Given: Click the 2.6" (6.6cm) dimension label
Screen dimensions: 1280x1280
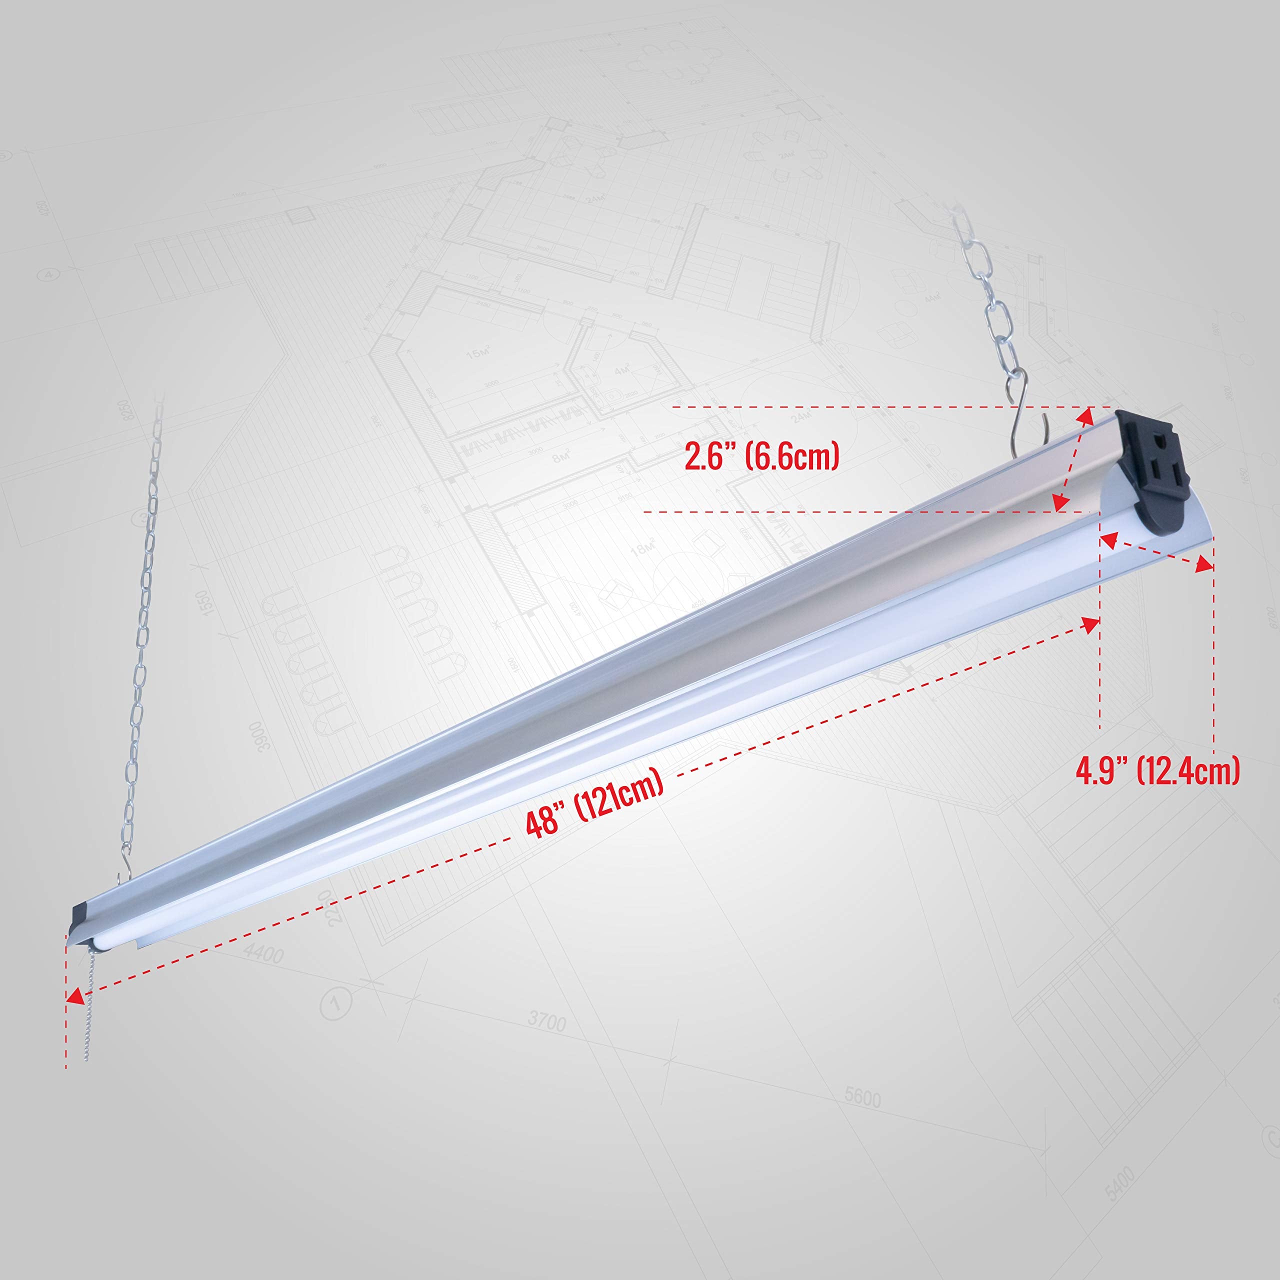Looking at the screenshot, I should coord(761,456).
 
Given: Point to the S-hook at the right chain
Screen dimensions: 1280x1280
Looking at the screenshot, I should coord(1025,412).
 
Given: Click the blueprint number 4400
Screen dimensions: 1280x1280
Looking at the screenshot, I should coord(263,953).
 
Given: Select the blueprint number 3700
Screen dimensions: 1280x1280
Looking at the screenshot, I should coord(546,1021).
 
